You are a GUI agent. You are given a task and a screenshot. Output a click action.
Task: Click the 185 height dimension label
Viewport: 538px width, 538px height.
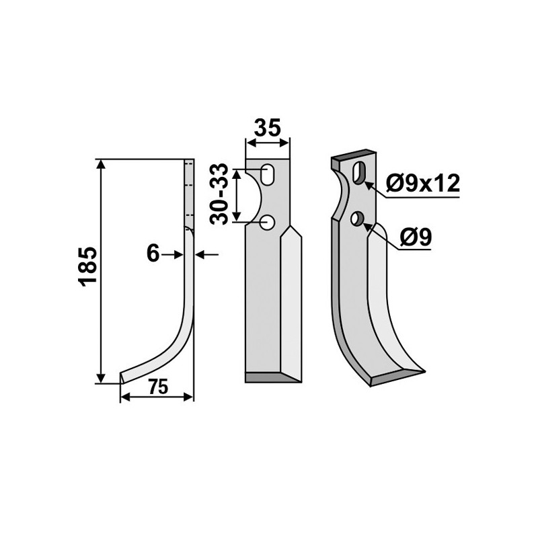pos(89,268)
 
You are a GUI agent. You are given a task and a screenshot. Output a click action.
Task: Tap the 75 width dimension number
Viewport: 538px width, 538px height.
pos(157,387)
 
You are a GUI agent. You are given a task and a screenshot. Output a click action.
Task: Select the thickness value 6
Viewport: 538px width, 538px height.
pos(153,254)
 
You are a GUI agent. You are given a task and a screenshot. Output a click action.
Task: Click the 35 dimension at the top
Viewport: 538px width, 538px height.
pos(268,128)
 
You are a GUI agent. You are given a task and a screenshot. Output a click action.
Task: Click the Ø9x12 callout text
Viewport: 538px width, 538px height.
pos(424,182)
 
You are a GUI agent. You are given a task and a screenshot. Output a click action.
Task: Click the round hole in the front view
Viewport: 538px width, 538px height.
pos(268,221)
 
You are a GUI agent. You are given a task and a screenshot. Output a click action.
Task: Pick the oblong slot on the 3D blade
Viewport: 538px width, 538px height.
pos(360,172)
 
